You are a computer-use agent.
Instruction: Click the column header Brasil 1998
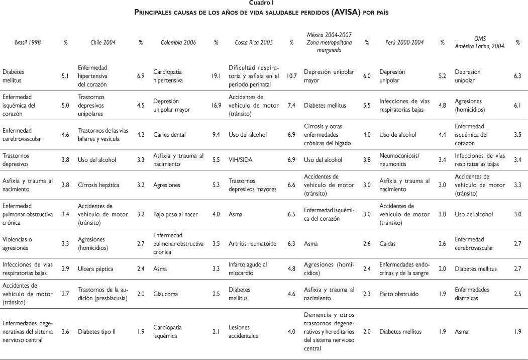[x=28, y=43]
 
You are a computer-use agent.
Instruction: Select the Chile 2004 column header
[x=103, y=43]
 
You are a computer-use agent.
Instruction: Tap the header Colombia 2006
[x=177, y=43]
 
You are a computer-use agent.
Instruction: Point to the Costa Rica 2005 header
[x=254, y=43]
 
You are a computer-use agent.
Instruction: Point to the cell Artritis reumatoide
[x=252, y=243]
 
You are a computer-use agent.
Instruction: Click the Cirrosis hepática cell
[x=98, y=185]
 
